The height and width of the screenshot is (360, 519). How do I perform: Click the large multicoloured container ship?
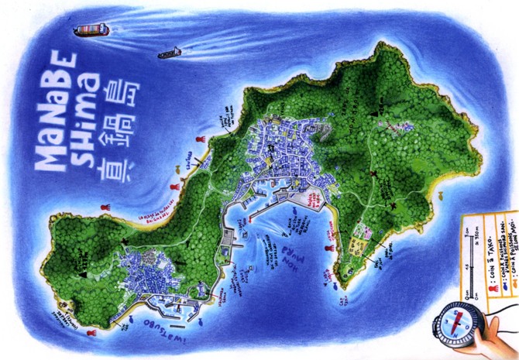coord(91,31)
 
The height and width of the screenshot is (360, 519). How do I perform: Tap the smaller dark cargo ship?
coord(169,53)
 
